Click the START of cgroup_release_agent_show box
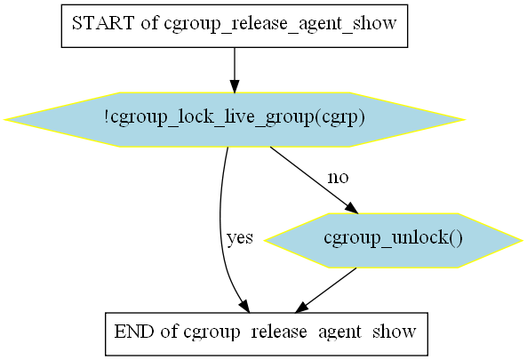[x=235, y=26]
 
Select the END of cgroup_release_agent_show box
[x=267, y=334]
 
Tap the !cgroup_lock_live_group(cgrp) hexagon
[x=235, y=119]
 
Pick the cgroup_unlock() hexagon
[x=393, y=240]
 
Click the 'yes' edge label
[x=240, y=238]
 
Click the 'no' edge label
[x=338, y=177]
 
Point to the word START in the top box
[x=103, y=23]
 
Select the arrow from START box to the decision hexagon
[x=235, y=70]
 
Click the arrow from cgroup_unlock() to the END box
[x=325, y=290]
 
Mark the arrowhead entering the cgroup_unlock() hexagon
[x=352, y=208]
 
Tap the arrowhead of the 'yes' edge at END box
[x=244, y=307]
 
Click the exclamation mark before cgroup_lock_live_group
[x=107, y=117]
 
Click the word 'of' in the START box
[x=149, y=23]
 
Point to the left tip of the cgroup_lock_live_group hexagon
[x=4, y=119]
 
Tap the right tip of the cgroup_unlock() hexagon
[x=523, y=240]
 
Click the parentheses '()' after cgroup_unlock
[x=456, y=238]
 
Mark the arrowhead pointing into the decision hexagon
[x=235, y=86]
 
